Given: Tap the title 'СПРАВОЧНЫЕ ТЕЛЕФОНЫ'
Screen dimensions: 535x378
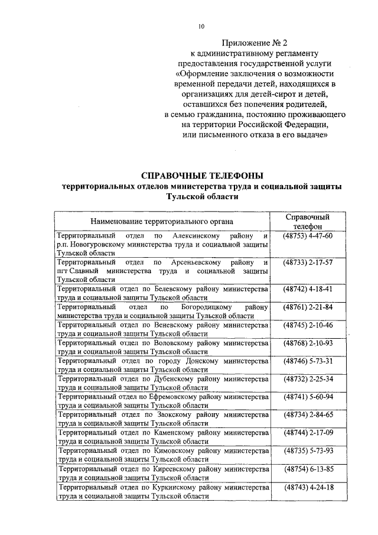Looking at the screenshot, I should [201, 176].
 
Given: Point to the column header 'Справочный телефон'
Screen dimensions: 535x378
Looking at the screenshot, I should [307, 221].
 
